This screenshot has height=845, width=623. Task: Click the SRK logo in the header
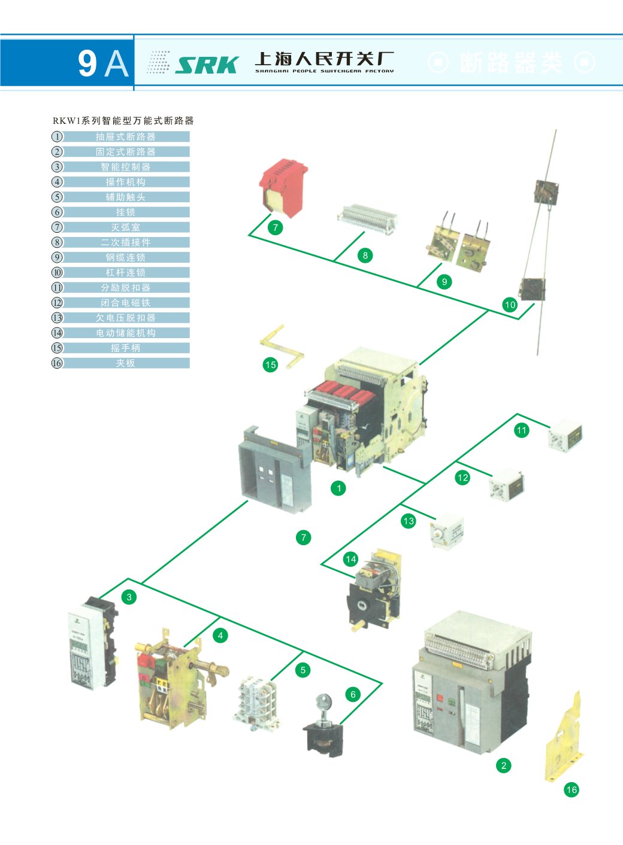[206, 65]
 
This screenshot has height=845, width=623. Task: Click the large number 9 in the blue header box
[87, 63]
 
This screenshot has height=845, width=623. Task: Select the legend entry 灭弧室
[126, 227]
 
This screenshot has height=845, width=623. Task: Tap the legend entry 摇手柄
[126, 348]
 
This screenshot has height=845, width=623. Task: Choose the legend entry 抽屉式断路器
[126, 137]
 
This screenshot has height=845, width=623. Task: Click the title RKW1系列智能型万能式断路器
[123, 121]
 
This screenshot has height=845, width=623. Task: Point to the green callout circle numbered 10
[510, 305]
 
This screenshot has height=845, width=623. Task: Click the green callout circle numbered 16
[571, 789]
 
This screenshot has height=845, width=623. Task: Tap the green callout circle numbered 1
[338, 488]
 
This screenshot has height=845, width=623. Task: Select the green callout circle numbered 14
[350, 559]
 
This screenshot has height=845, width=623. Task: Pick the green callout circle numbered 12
[462, 478]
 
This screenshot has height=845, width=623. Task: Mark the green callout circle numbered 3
[129, 597]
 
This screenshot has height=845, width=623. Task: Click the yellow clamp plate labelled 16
[564, 739]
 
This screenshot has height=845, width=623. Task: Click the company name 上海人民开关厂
[324, 59]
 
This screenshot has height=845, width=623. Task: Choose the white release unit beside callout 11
[565, 435]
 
